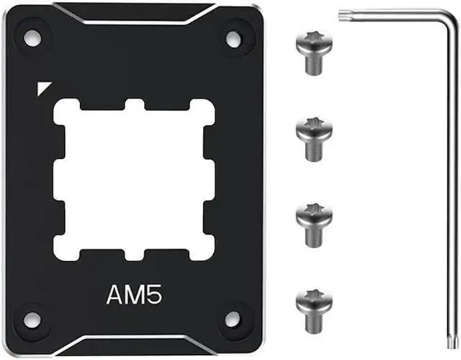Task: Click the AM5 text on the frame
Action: (134, 294)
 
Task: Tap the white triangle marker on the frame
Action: (42, 87)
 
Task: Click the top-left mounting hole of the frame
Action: (32, 38)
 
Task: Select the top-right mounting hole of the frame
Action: (233, 39)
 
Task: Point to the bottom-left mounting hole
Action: (32, 320)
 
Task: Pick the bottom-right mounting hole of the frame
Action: (233, 319)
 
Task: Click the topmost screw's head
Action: (314, 43)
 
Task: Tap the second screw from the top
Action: (314, 140)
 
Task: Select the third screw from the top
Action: (314, 225)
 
